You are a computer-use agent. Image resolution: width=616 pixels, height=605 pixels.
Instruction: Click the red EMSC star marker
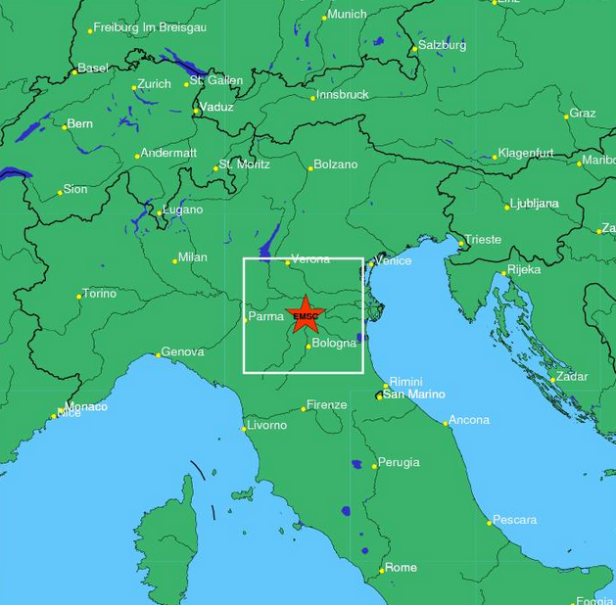305,314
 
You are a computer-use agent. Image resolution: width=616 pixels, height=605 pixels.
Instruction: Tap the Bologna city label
334,344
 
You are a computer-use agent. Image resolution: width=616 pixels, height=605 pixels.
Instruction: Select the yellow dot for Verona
288,262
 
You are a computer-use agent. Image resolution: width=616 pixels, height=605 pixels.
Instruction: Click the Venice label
394,261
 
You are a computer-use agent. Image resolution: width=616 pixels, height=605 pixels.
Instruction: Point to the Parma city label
266,316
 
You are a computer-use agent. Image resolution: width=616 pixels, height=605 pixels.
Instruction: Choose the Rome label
401,568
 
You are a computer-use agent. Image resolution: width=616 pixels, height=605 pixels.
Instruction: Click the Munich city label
347,15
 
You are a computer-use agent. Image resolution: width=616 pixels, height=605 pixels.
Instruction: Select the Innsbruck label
343,95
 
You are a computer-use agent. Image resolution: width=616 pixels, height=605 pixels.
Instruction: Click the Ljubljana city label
535,204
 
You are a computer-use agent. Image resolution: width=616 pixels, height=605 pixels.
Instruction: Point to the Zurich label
154,84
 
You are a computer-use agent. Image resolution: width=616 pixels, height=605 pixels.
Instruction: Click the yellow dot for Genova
158,354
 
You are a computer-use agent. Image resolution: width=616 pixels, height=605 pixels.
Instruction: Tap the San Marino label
413,395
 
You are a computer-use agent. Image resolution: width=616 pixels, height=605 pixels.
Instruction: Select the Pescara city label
514,520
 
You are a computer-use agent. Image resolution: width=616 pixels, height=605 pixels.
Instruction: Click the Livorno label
266,426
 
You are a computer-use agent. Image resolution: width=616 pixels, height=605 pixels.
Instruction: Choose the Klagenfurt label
526,154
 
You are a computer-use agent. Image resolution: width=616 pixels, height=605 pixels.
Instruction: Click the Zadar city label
572,377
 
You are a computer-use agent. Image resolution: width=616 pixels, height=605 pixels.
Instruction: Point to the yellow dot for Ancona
446,424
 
